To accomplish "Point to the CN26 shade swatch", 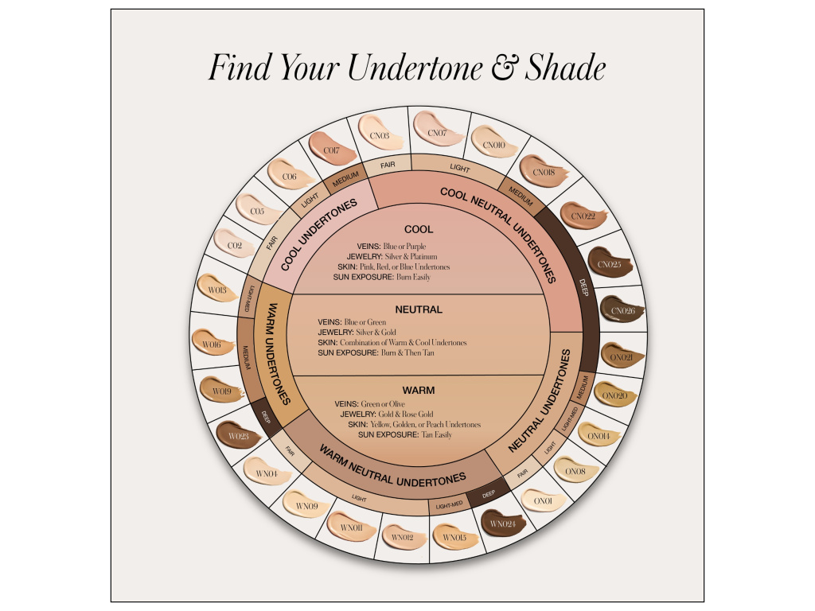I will coord(621,309).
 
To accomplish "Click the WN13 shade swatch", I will coord(454,538).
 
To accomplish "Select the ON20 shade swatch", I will coord(618,395).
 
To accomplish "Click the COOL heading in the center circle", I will coord(419,229).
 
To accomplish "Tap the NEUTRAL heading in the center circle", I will coord(419,309).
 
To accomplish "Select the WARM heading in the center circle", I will coord(419,391).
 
